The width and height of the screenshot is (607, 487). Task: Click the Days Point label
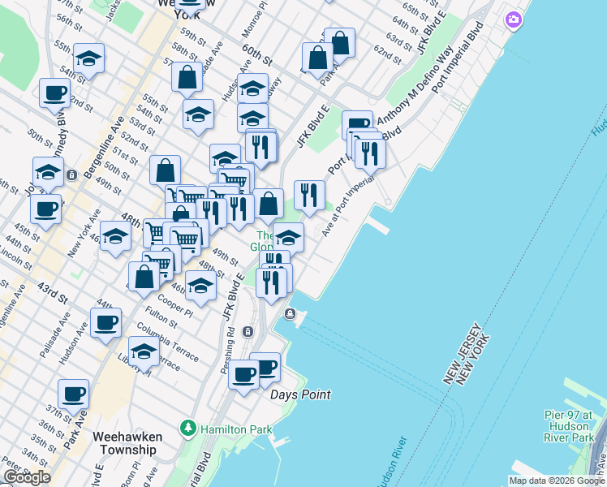300,394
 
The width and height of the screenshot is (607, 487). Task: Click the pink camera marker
513,19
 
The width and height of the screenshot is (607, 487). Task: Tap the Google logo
26,477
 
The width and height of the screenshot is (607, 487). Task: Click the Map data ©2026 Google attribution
556,481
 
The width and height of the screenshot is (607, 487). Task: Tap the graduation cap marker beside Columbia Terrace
144,351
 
